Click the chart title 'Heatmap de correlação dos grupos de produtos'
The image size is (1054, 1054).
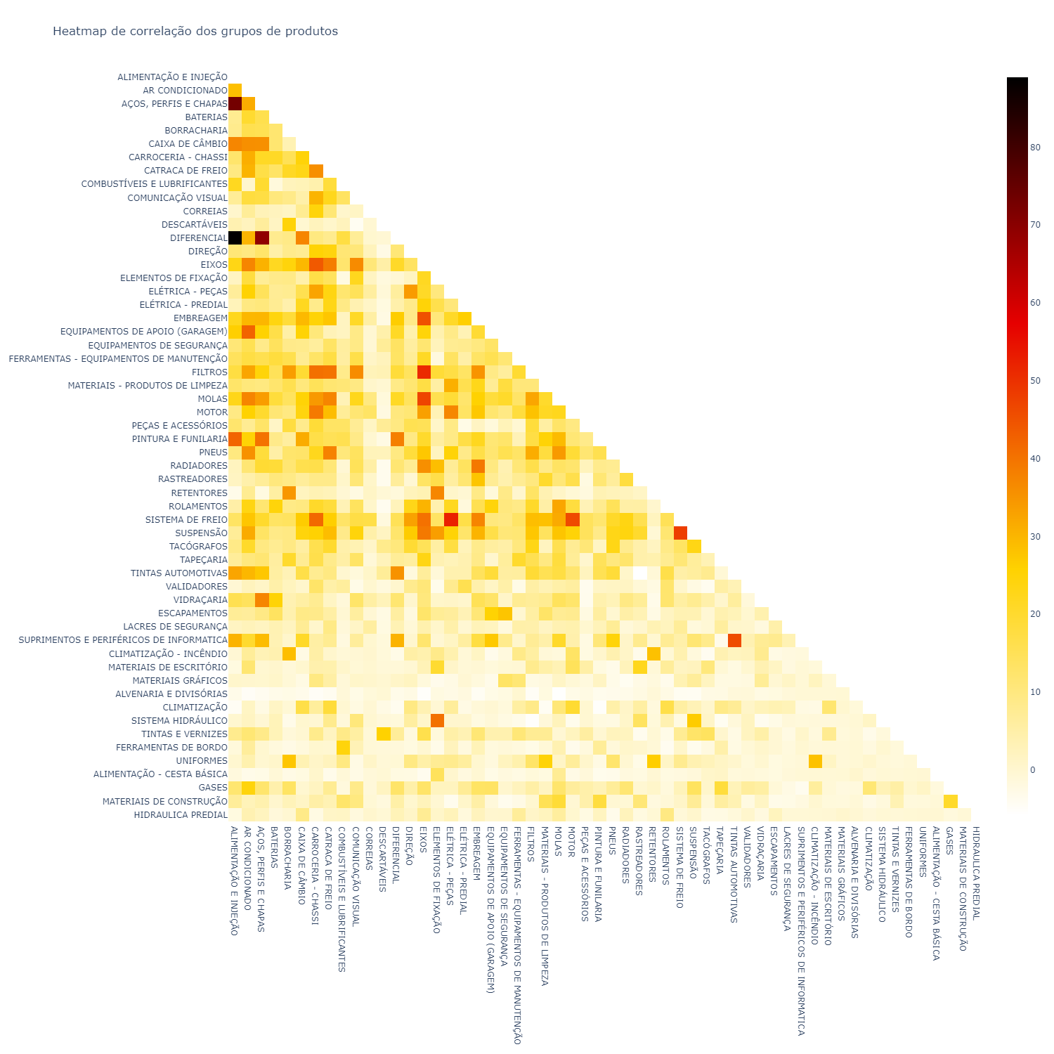coord(195,32)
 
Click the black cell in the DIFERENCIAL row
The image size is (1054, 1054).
coord(235,238)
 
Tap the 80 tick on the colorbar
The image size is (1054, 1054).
coord(1035,148)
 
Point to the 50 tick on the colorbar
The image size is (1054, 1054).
coord(1035,381)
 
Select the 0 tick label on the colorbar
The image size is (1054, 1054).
coord(1033,770)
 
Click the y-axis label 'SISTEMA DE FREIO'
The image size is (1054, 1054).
coord(186,520)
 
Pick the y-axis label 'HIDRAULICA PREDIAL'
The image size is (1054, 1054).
coord(181,815)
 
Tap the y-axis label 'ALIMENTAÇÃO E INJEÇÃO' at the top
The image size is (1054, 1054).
coord(172,77)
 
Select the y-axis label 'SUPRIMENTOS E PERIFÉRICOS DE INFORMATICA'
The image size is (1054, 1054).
coord(123,640)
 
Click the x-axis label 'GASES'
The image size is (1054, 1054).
coord(949,840)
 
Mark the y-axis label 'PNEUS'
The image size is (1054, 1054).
coord(213,453)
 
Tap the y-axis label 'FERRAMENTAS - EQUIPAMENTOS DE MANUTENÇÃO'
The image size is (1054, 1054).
coord(118,359)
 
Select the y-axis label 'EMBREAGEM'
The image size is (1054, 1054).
coord(200,318)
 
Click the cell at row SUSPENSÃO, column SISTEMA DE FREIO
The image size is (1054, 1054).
coord(679,533)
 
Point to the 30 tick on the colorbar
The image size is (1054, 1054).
coord(1035,537)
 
